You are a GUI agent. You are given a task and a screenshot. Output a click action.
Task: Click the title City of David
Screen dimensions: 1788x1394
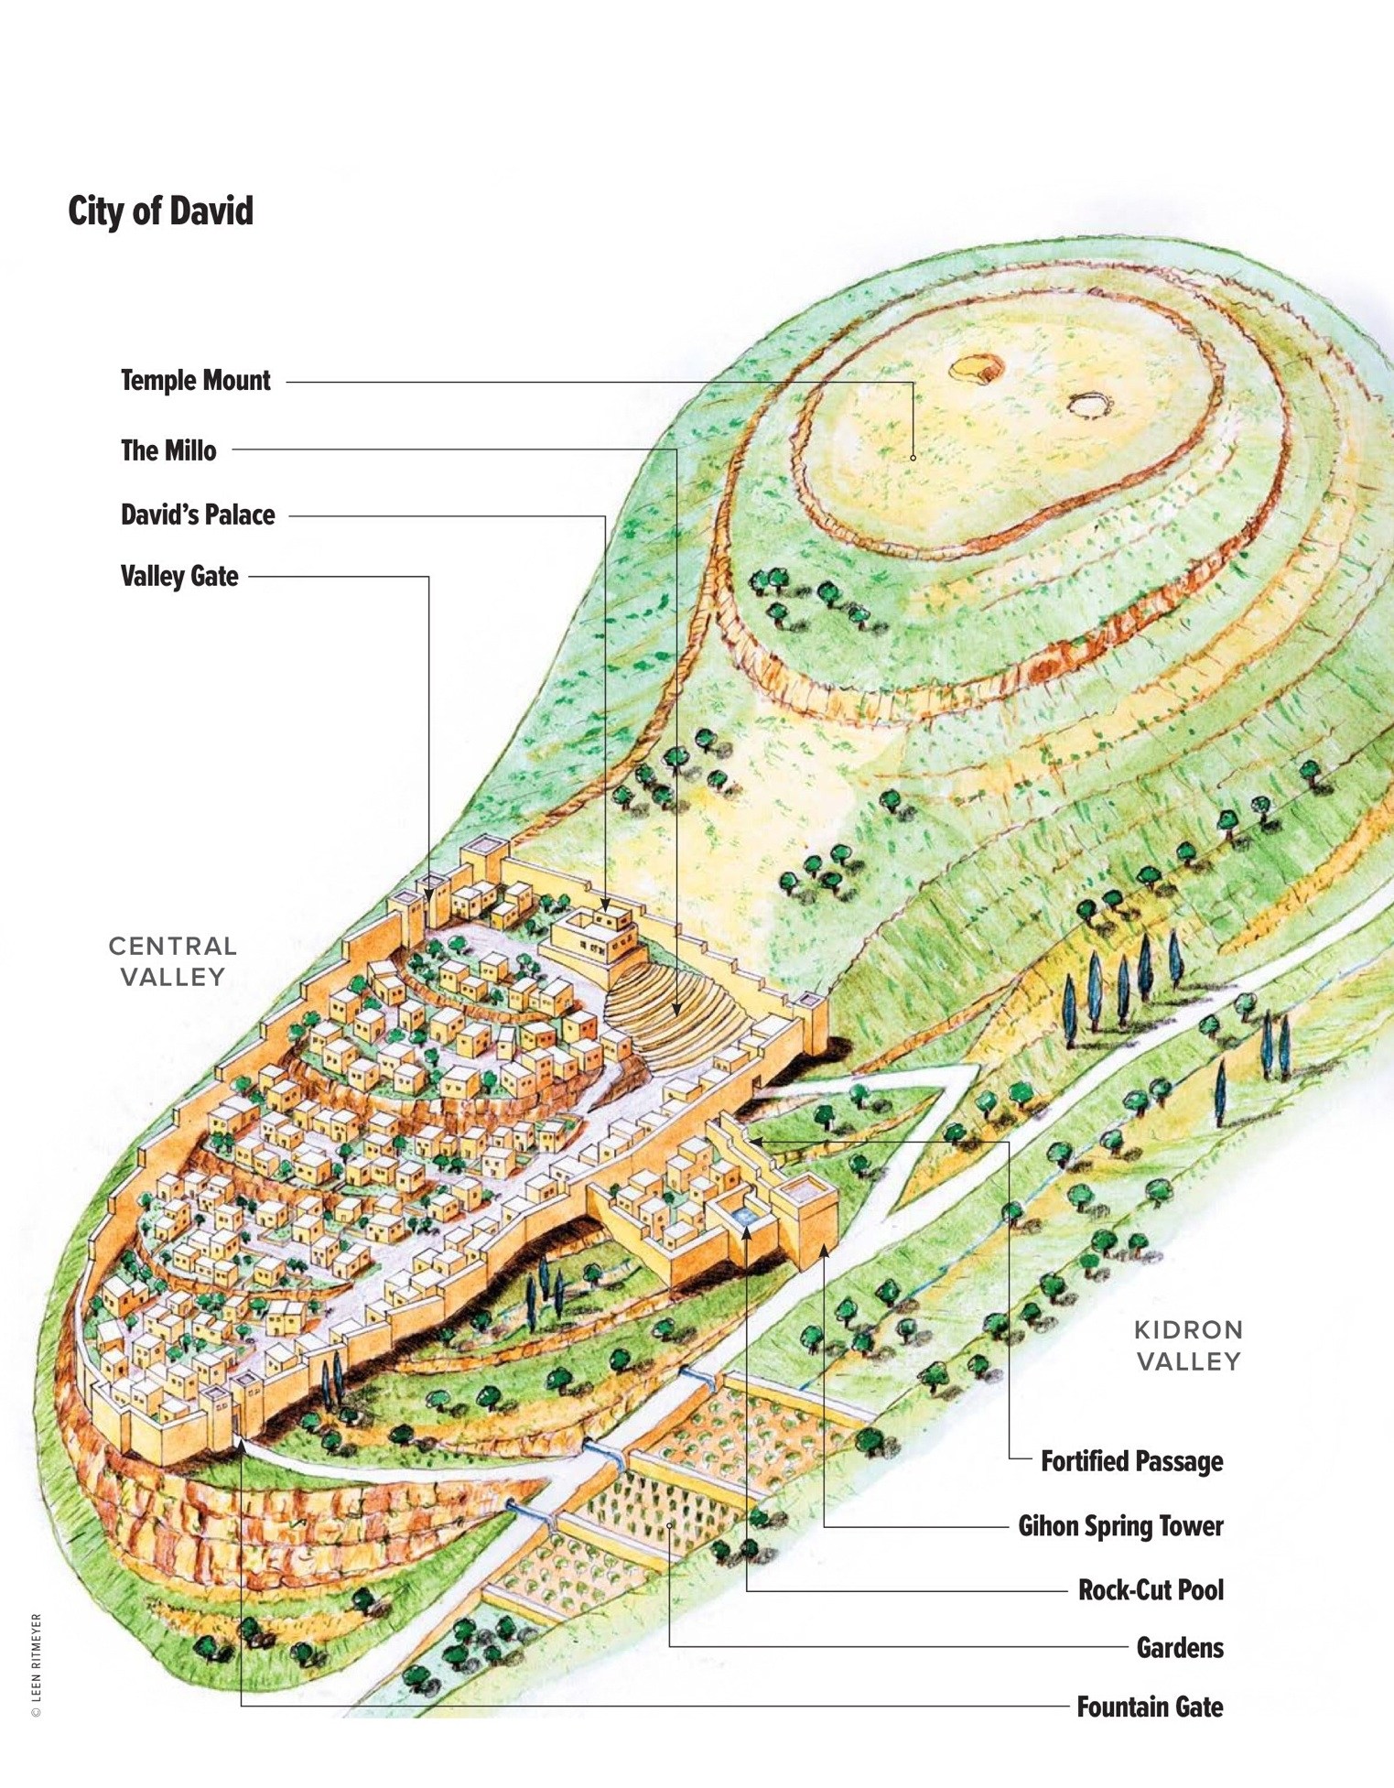click(160, 211)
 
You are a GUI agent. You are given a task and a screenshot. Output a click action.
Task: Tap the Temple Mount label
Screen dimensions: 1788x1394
click(195, 381)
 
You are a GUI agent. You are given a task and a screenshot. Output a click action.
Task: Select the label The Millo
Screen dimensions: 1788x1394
click(168, 450)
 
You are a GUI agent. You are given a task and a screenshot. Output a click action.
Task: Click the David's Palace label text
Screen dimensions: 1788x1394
click(198, 515)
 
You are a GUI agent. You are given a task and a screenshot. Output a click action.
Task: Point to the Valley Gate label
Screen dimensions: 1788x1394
click(179, 576)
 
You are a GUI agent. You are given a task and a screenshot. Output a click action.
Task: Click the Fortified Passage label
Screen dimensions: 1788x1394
click(1131, 1460)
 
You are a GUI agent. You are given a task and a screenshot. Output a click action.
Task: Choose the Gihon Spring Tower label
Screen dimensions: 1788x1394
click(1120, 1525)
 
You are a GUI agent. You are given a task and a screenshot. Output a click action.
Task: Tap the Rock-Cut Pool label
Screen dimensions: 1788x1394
click(1151, 1589)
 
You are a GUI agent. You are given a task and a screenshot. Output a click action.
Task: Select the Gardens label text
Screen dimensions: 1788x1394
click(1180, 1648)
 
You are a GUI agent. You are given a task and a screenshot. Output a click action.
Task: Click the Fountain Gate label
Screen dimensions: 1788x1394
click(1150, 1707)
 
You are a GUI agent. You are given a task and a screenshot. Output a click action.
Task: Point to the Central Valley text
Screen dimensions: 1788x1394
click(173, 961)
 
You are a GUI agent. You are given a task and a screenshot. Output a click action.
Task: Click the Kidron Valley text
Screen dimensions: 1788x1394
click(1188, 1346)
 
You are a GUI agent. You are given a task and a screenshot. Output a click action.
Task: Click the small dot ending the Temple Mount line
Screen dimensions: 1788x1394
click(913, 457)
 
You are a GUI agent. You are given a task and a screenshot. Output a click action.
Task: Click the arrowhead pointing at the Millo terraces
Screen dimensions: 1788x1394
click(676, 1011)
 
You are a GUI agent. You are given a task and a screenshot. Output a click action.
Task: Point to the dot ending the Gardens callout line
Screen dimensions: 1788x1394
click(671, 1525)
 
